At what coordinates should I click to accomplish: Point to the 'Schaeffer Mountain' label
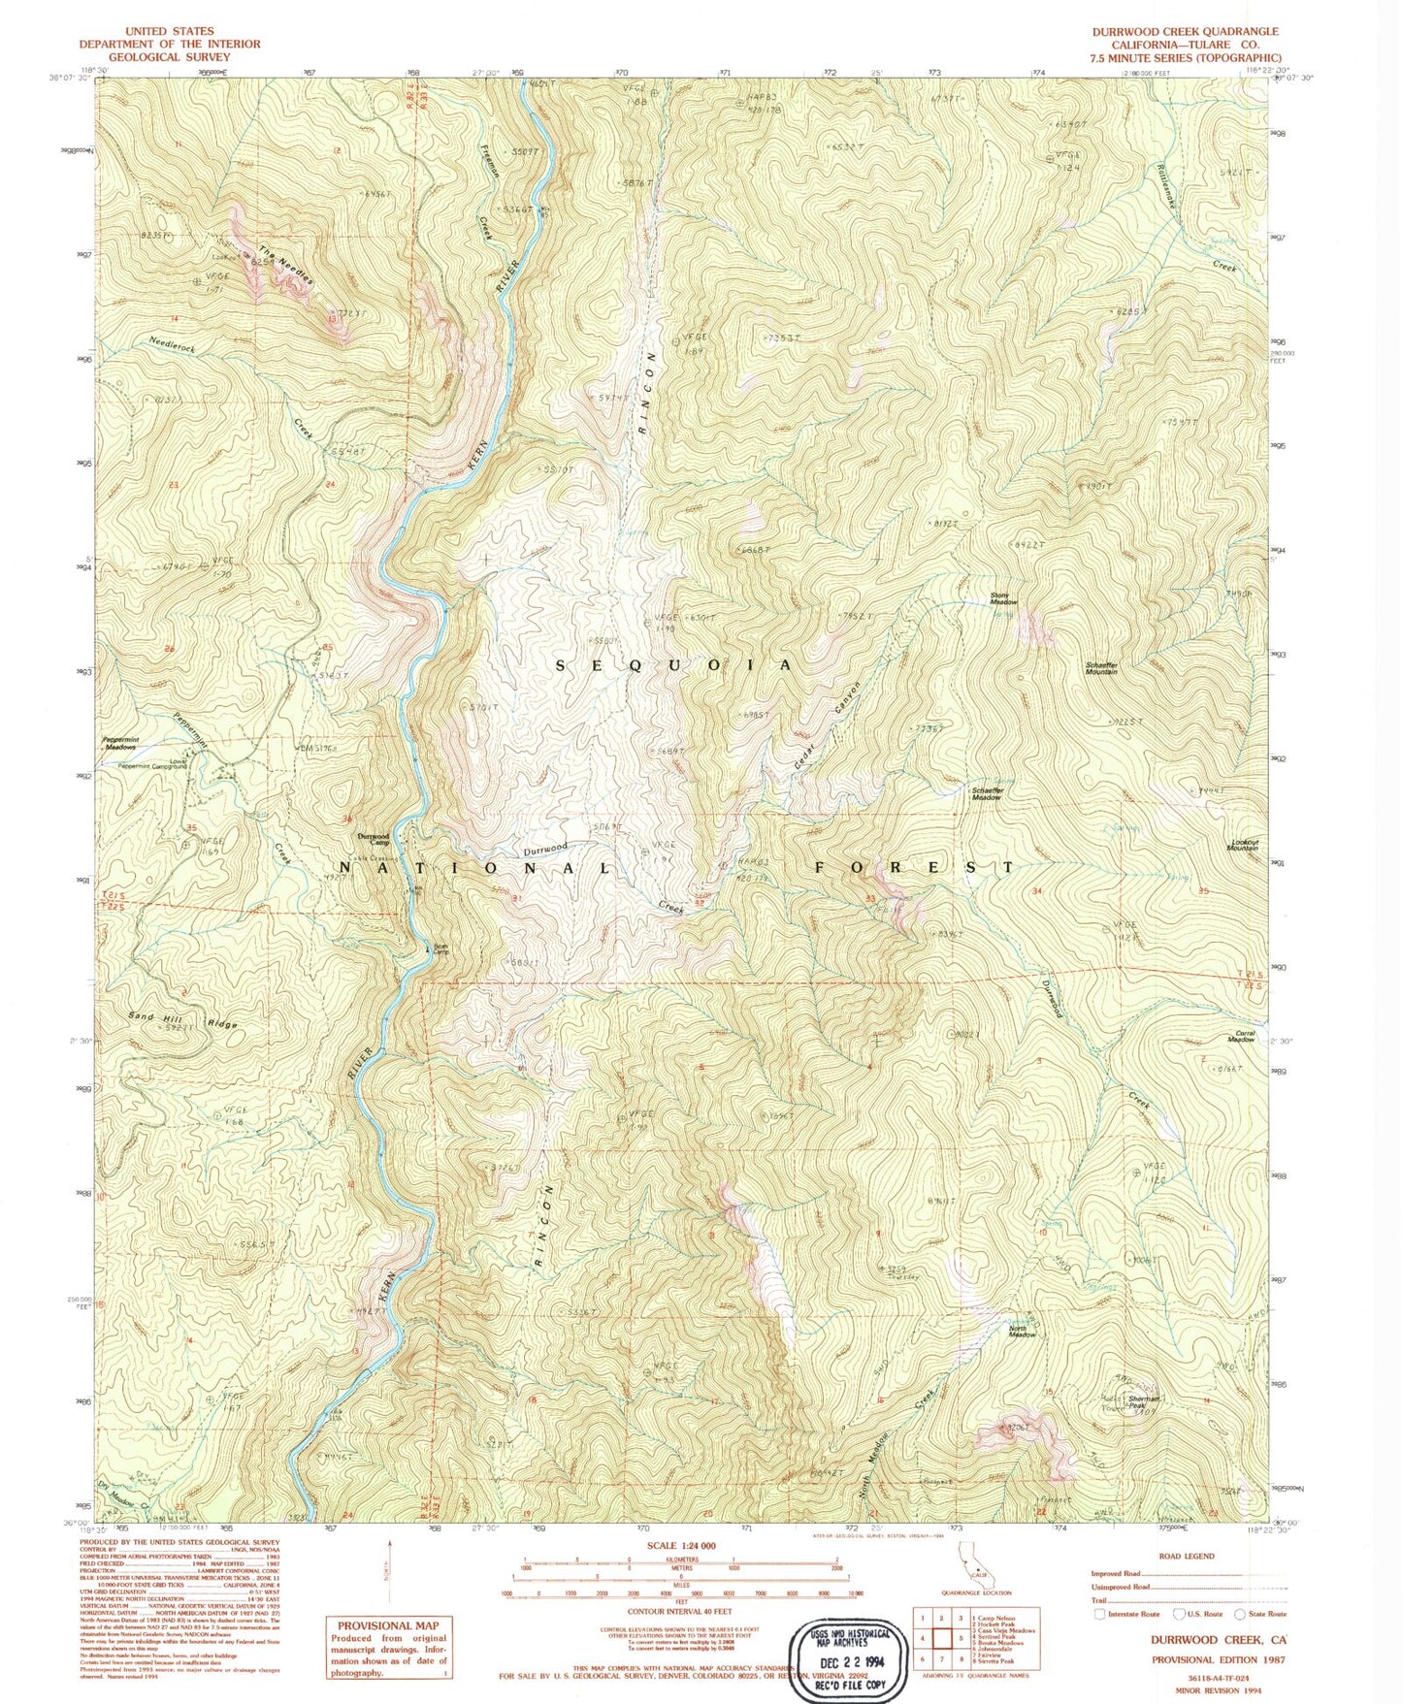point(1101,668)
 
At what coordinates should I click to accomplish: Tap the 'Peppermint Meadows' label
point(120,743)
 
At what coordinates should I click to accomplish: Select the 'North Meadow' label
point(1022,1332)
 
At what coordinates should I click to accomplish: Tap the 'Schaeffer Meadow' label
point(988,792)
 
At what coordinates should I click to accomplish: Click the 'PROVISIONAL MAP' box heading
point(387,1626)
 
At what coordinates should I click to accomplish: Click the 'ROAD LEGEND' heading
point(1186,1556)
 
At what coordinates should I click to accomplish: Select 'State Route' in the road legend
point(1267,1615)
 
